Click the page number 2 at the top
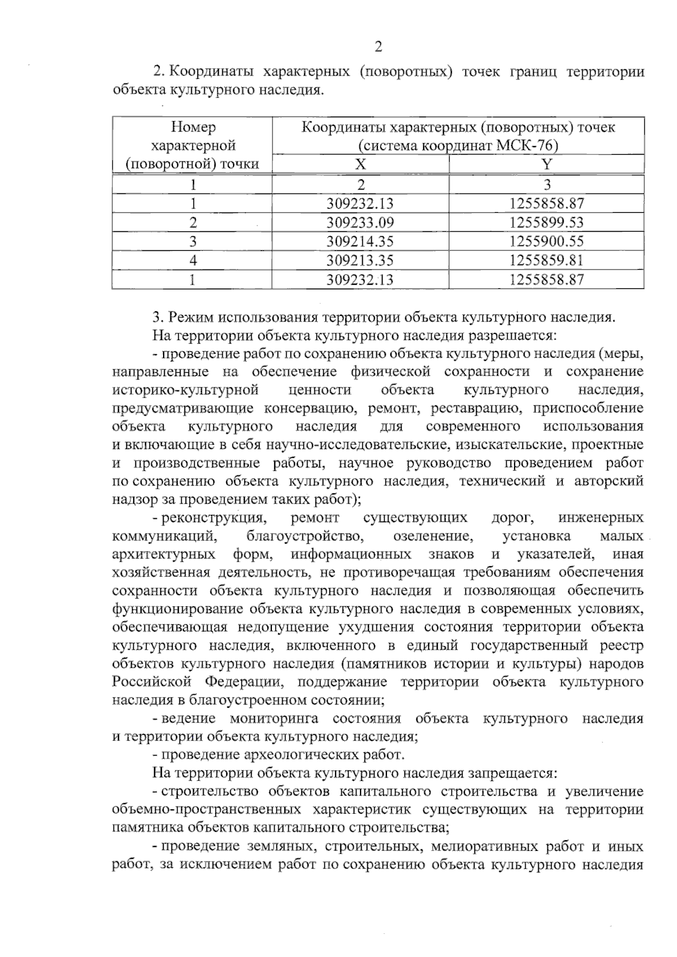[378, 47]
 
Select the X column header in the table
[361, 164]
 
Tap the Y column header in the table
[546, 164]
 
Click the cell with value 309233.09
[361, 222]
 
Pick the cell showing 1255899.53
[546, 222]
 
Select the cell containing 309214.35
[361, 241]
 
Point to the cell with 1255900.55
[546, 241]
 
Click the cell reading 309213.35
[361, 261]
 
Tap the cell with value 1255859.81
[546, 261]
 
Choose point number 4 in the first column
[193, 261]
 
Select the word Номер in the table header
[193, 127]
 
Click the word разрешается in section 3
[510, 336]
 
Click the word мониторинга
[274, 718]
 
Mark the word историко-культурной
[186, 390]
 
